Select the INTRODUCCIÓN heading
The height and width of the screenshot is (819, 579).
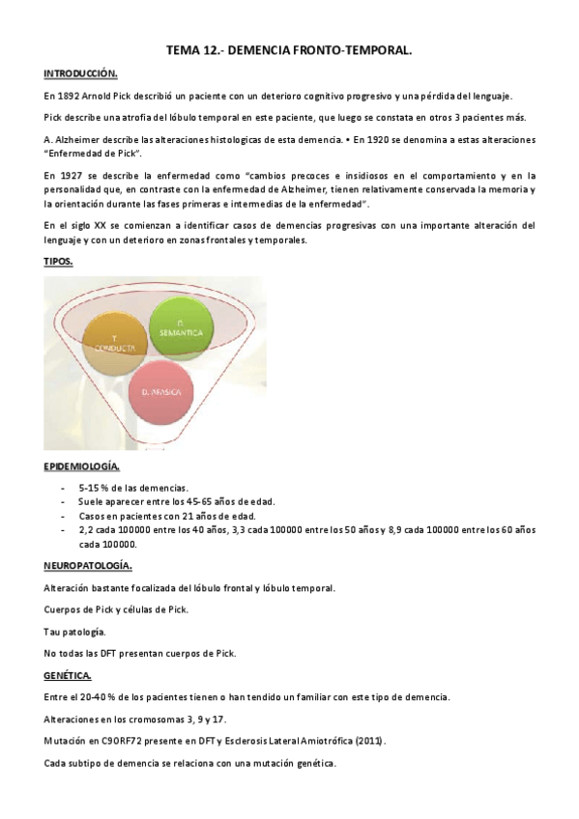point(80,74)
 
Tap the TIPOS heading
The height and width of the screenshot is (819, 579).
point(58,262)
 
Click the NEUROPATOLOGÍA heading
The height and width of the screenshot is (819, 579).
point(89,565)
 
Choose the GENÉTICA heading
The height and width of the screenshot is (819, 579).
point(68,675)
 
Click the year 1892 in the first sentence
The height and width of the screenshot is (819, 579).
point(71,97)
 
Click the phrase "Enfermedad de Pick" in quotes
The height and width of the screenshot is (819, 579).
point(93,154)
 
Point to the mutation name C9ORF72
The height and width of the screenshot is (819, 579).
point(130,741)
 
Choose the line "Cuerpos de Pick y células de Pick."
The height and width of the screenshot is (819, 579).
point(117,609)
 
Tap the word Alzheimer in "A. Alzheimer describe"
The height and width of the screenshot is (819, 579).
point(74,140)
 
